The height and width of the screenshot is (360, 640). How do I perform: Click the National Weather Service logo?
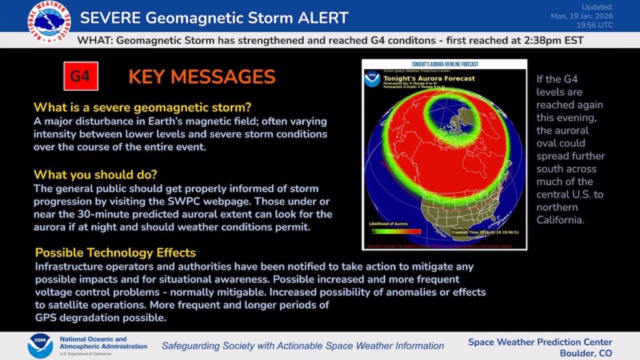point(49,21)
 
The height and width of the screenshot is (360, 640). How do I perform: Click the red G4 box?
point(81,76)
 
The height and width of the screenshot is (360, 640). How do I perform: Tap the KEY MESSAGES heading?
point(202,77)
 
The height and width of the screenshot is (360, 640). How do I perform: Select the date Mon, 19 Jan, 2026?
point(582,16)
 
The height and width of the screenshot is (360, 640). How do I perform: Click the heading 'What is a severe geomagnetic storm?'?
point(142,107)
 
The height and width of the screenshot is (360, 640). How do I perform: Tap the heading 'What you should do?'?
point(95,174)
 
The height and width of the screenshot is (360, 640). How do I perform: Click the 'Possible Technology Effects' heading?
point(115,252)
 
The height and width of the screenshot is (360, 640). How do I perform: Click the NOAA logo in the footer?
point(40,346)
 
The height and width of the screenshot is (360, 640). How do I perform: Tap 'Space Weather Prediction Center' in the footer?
point(540,342)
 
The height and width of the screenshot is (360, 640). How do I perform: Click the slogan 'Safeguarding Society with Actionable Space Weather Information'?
point(302,346)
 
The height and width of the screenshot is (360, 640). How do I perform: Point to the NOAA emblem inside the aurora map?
point(373,79)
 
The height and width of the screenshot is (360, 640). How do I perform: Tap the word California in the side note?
point(561,220)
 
